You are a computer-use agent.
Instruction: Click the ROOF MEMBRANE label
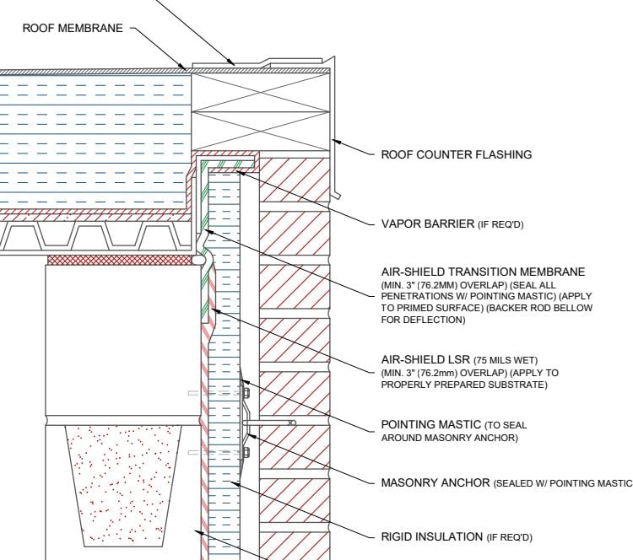click(72, 28)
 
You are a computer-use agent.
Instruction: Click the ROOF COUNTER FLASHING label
click(456, 154)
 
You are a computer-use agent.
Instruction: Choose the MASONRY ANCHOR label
click(436, 482)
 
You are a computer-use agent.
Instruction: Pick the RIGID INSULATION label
click(430, 536)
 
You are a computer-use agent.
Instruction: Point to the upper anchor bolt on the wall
click(246, 392)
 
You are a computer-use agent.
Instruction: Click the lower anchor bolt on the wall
click(246, 452)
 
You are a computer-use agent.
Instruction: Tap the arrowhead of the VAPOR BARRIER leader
click(240, 172)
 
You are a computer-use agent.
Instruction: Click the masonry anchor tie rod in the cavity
click(270, 422)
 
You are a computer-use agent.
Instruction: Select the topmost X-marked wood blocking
click(260, 85)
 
